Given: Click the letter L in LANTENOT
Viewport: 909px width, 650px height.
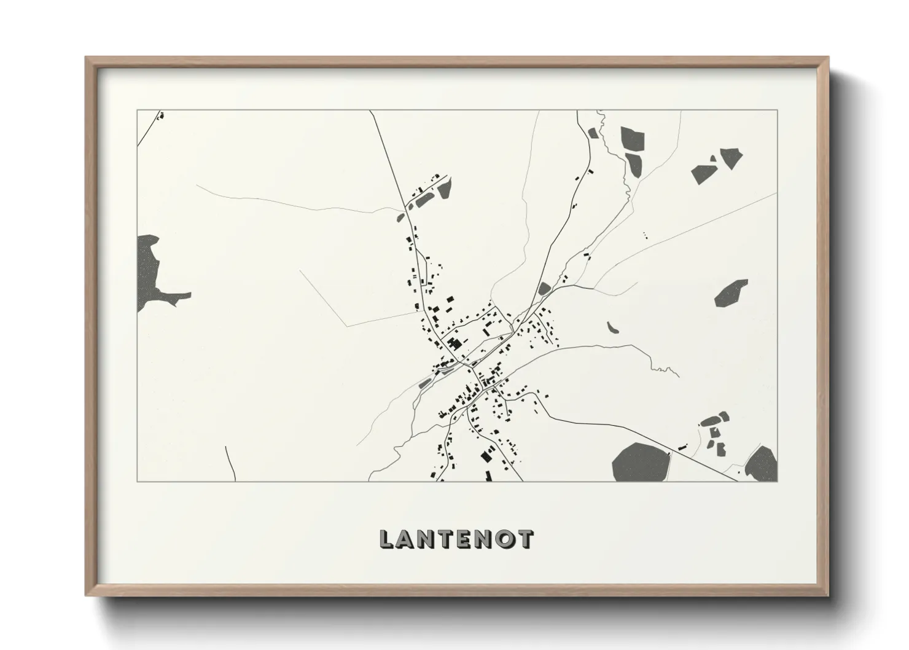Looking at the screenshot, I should click(386, 539).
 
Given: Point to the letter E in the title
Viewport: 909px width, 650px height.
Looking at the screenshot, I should click(461, 539).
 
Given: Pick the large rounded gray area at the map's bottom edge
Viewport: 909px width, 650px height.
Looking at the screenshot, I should click(640, 462).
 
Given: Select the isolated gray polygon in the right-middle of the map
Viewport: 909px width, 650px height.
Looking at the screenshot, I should click(731, 293).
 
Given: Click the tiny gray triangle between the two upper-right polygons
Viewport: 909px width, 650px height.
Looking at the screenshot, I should click(713, 159).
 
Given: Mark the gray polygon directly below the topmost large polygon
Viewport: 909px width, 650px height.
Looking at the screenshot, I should click(633, 163).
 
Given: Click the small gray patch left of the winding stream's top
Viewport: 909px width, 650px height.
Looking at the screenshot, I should click(593, 132).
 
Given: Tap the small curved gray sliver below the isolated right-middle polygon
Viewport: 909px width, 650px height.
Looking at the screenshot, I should click(612, 327).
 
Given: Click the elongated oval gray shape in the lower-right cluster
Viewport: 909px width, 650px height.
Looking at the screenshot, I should click(709, 421).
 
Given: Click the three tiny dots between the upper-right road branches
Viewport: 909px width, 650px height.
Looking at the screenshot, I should click(645, 234).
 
